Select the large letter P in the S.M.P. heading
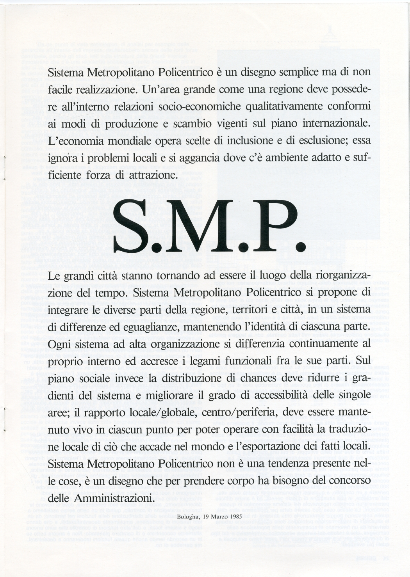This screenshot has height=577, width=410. [x=270, y=228]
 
